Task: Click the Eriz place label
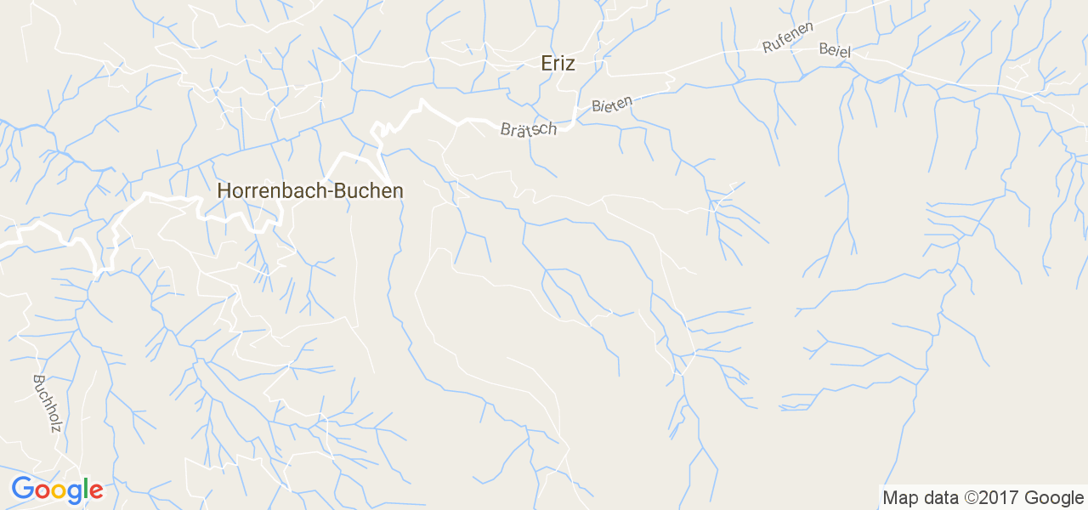pyautogui.click(x=558, y=64)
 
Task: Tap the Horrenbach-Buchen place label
pyautogui.click(x=310, y=191)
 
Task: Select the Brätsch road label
pyautogui.click(x=529, y=129)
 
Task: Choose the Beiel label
pyautogui.click(x=835, y=49)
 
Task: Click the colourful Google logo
pyautogui.click(x=57, y=490)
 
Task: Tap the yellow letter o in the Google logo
pyautogui.click(x=57, y=491)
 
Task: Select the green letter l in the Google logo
pyautogui.click(x=85, y=489)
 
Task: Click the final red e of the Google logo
pyautogui.click(x=95, y=491)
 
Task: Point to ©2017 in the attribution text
pyautogui.click(x=992, y=498)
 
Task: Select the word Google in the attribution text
pyautogui.click(x=1056, y=498)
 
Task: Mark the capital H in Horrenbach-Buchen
pyautogui.click(x=224, y=191)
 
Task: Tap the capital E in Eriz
pyautogui.click(x=547, y=64)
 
